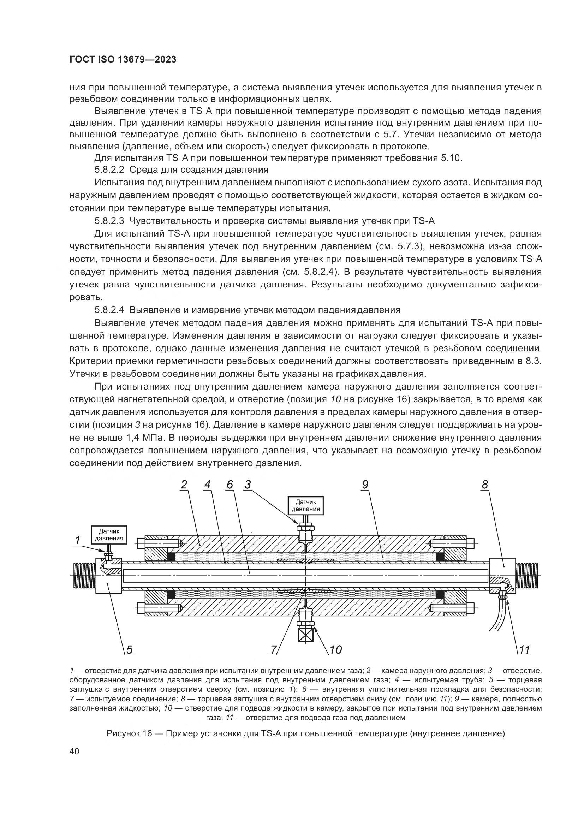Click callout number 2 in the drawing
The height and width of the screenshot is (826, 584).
point(184,485)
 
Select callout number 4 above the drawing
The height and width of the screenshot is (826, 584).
point(207,485)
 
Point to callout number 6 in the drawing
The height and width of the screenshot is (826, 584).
point(230,485)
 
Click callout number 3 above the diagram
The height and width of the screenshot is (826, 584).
point(248,485)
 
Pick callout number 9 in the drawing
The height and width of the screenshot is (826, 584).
point(365,485)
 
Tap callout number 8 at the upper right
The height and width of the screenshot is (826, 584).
point(485,485)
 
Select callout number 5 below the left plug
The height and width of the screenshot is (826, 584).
point(129,650)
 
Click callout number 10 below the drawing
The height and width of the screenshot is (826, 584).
point(335,650)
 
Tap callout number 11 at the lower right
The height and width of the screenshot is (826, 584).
point(524,650)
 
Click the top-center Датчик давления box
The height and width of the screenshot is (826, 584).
point(305,505)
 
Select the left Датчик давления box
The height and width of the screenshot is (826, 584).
point(109,535)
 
